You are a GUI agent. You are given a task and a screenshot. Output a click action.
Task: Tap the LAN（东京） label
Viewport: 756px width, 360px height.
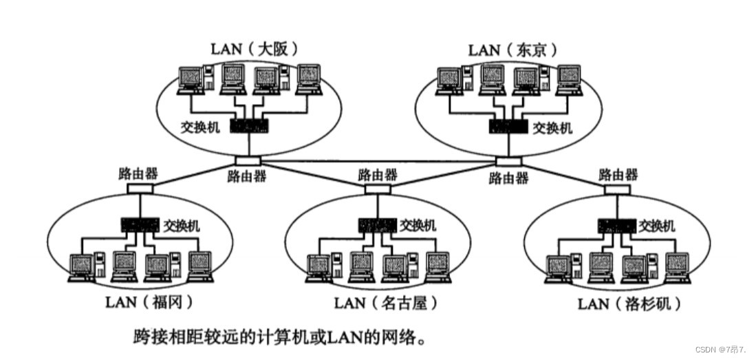(x=512, y=50)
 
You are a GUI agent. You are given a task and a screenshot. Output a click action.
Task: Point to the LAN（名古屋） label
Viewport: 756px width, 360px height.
(x=385, y=302)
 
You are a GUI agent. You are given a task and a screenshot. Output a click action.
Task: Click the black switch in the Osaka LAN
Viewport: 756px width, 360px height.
(x=249, y=127)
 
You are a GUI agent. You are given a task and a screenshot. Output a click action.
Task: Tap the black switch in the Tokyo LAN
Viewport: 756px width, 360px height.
(x=508, y=127)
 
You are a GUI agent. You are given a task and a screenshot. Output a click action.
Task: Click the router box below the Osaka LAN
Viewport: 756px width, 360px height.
(x=248, y=160)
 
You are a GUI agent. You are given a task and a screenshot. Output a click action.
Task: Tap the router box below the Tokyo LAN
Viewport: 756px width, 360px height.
(x=508, y=162)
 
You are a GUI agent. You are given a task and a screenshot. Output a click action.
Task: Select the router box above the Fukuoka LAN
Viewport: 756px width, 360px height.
(x=140, y=187)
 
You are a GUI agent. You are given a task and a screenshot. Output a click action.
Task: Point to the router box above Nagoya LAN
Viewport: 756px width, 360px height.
(x=377, y=188)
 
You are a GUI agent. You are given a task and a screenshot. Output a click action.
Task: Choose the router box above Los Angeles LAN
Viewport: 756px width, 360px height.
(x=616, y=187)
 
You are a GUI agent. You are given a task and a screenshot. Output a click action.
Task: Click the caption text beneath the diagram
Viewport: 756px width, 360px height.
(x=284, y=338)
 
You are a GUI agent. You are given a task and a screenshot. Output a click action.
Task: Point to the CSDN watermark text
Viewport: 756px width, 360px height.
(x=720, y=350)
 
